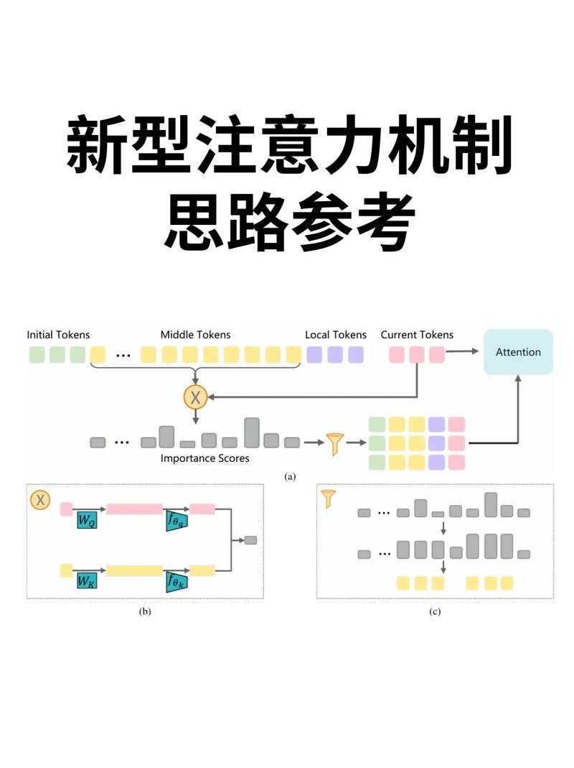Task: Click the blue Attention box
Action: pos(518,352)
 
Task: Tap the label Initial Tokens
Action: pos(59,335)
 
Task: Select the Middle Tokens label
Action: pos(195,335)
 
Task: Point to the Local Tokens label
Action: pos(335,335)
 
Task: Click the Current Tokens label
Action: pos(417,335)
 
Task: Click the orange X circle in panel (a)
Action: pos(195,396)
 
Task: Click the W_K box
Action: pos(87,580)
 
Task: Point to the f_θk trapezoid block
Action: pos(174,580)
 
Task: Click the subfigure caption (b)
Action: pos(145,612)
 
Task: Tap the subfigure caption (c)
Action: pos(435,612)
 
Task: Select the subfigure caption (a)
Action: pos(290,476)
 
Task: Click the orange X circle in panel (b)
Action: pos(40,499)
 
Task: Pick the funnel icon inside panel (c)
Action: pos(329,499)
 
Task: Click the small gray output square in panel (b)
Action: pos(250,540)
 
